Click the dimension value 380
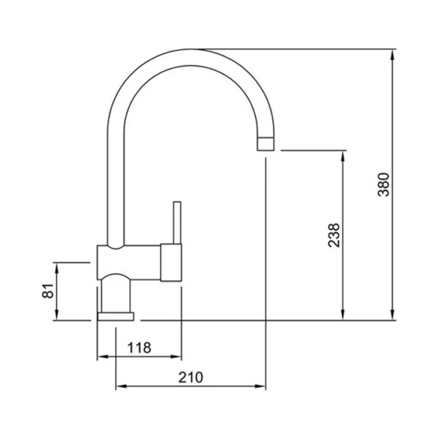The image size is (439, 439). (383, 185)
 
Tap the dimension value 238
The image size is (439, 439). (334, 235)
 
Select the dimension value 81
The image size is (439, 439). (48, 291)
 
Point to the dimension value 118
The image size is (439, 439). (139, 348)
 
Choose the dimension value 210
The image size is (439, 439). (191, 378)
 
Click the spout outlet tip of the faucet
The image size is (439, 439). (266, 144)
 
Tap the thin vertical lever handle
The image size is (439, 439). (177, 222)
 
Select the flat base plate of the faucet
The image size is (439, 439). (116, 316)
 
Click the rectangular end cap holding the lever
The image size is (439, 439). (171, 263)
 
